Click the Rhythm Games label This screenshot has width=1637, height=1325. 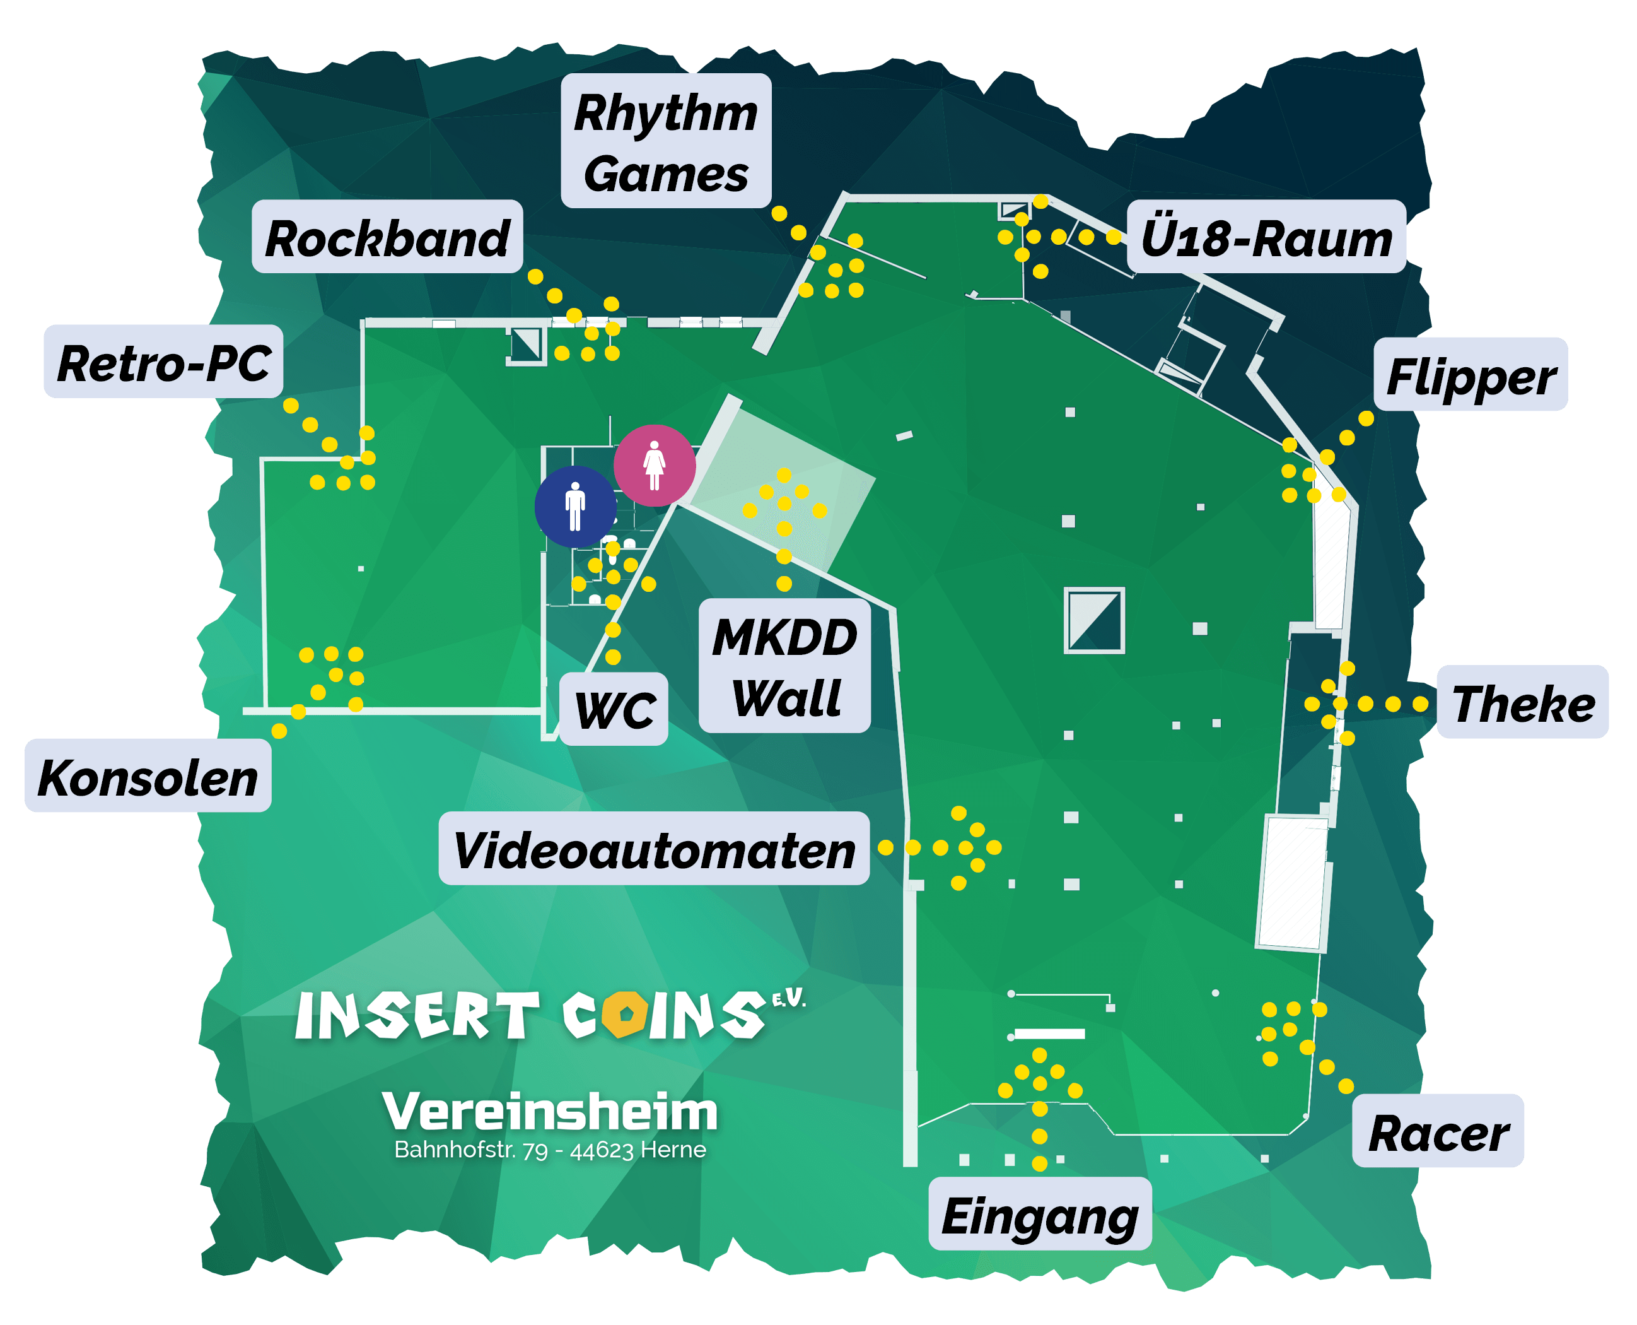(x=666, y=141)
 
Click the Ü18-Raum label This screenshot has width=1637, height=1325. (x=1266, y=237)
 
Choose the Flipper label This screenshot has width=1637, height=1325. (x=1471, y=375)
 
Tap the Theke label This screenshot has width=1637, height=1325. (x=1523, y=702)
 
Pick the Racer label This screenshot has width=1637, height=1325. (x=1438, y=1132)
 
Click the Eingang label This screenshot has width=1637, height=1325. (x=1040, y=1215)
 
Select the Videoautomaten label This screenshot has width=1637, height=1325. (x=654, y=849)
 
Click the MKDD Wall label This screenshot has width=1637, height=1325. (x=785, y=666)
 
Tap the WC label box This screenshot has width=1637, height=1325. (x=614, y=709)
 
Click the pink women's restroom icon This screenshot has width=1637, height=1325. (x=655, y=465)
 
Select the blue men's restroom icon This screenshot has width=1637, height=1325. (x=575, y=507)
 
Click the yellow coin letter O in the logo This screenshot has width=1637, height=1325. (x=625, y=1015)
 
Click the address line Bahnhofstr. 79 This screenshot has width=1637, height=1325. (x=550, y=1150)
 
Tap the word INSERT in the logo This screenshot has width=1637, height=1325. (x=417, y=1016)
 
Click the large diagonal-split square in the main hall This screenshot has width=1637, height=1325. (x=1094, y=620)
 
